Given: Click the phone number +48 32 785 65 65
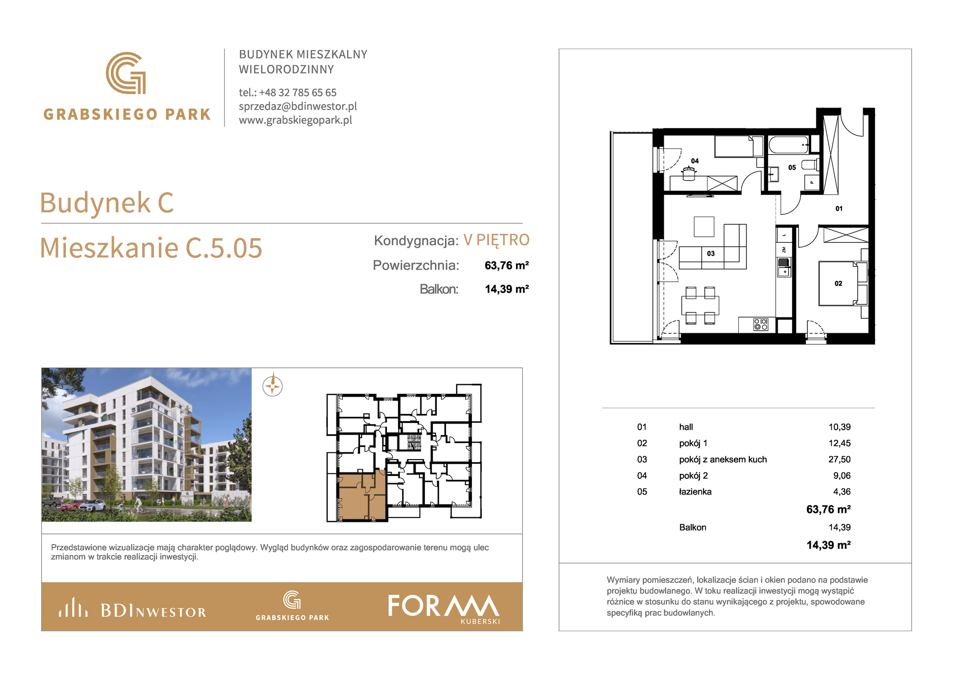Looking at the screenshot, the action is pyautogui.click(x=298, y=92).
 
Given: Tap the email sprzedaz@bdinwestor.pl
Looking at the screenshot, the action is pyautogui.click(x=298, y=106).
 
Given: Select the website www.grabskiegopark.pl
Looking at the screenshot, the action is pyautogui.click(x=296, y=120).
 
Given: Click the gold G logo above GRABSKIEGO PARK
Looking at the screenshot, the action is pyautogui.click(x=126, y=73).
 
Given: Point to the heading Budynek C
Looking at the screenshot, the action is pyautogui.click(x=107, y=203).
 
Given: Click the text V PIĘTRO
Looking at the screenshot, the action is pyautogui.click(x=496, y=240).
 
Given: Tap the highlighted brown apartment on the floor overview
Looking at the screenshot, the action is pyautogui.click(x=362, y=497).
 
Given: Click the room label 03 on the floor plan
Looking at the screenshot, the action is pyautogui.click(x=711, y=254).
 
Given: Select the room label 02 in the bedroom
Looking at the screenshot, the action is pyautogui.click(x=839, y=283).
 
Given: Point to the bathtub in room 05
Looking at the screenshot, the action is pyautogui.click(x=789, y=145).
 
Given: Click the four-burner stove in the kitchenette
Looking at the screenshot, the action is pyautogui.click(x=761, y=325).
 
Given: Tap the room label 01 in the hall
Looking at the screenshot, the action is pyautogui.click(x=839, y=208).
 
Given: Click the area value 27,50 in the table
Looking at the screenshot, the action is pyautogui.click(x=840, y=460).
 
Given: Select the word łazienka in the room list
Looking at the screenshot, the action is pyautogui.click(x=695, y=492).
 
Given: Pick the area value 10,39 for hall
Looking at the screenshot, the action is pyautogui.click(x=840, y=427).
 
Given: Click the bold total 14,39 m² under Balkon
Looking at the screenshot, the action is pyautogui.click(x=828, y=545).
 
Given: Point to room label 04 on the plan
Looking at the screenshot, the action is pyautogui.click(x=695, y=161).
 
